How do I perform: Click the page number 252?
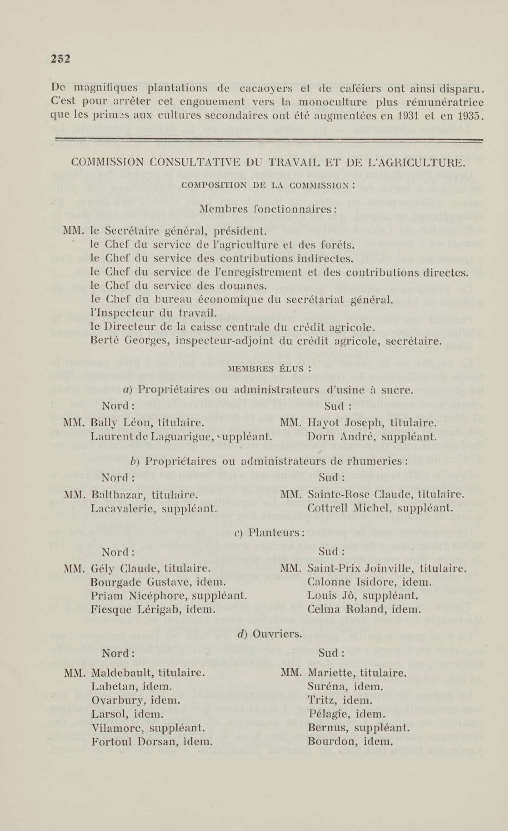pos(60,59)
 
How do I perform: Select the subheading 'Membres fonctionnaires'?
pos(268,209)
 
